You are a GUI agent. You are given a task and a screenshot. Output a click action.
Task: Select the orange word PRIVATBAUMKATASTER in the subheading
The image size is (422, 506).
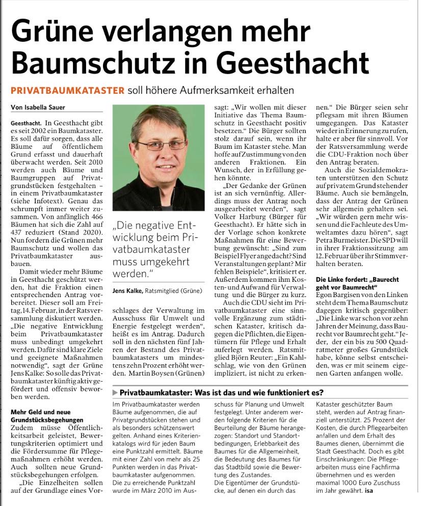pyautogui.click(x=68, y=91)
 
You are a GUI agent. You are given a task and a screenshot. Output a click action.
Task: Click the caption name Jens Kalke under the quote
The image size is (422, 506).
pyautogui.click(x=128, y=290)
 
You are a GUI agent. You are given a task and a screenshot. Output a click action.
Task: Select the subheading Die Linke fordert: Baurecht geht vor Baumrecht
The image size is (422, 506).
pyautogui.click(x=357, y=284)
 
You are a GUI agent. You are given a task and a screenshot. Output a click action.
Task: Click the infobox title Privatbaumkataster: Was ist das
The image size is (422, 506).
pyautogui.click(x=222, y=393)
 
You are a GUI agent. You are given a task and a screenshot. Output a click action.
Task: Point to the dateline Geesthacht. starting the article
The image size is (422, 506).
pyautogui.click(x=25, y=124)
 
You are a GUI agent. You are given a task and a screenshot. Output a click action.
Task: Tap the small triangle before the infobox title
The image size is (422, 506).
pyautogui.click(x=115, y=393)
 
